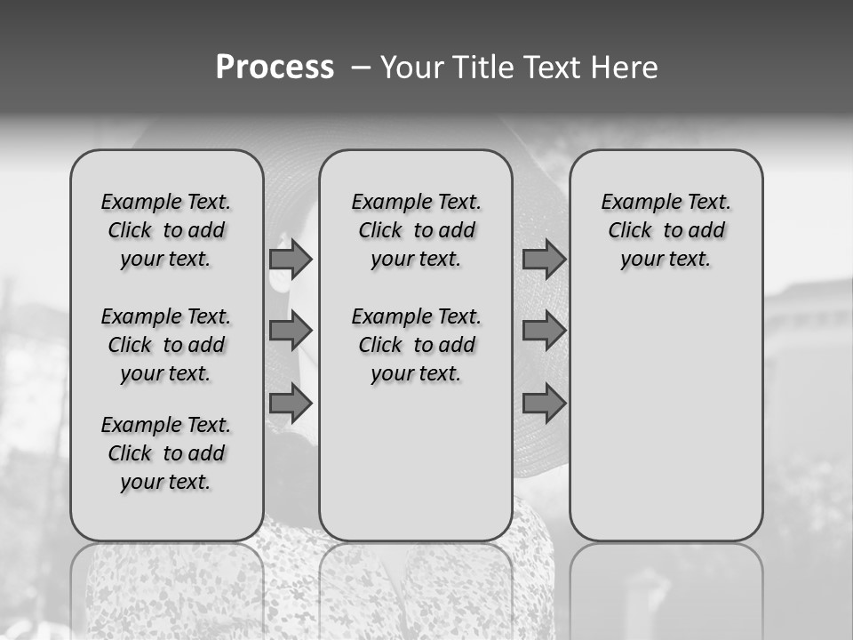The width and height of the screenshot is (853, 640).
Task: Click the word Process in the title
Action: click(275, 68)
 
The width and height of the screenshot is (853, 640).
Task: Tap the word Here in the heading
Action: click(624, 68)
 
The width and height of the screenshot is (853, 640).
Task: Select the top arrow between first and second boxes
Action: click(291, 260)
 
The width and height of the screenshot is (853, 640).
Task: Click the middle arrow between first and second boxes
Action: click(291, 332)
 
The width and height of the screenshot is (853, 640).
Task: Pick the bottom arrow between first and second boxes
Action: click(291, 404)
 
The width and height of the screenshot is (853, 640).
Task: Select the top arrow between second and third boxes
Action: click(544, 260)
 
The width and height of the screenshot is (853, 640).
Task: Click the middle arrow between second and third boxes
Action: click(544, 332)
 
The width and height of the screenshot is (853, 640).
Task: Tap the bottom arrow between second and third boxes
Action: click(544, 404)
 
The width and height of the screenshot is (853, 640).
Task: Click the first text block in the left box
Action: click(166, 230)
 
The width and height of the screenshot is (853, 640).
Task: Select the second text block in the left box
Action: click(166, 345)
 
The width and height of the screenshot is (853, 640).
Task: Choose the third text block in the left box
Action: click(166, 453)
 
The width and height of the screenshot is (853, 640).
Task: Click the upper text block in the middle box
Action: click(416, 230)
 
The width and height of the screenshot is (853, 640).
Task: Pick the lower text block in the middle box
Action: click(416, 345)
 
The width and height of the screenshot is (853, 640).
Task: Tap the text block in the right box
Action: click(666, 230)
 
